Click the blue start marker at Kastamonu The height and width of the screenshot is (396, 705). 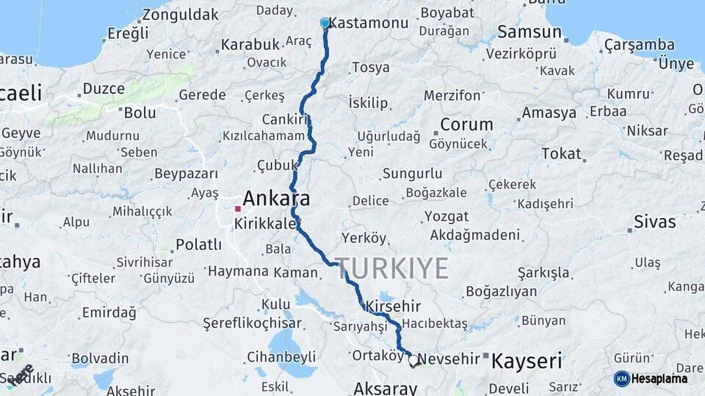pos(325,23)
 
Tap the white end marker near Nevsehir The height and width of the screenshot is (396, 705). pos(413,361)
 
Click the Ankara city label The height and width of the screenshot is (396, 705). pos(276,198)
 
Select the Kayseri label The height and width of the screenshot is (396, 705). pos(527,361)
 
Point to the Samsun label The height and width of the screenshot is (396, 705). pos(529,32)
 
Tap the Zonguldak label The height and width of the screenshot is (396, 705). pos(181,15)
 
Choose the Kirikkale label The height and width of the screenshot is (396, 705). pos(264,222)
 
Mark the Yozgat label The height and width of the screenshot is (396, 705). pos(446,217)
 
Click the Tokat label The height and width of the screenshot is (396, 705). pos(561,154)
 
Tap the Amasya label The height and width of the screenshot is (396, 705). pos(549,113)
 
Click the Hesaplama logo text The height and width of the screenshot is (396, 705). pos(659,379)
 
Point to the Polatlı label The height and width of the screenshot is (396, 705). pos(198,244)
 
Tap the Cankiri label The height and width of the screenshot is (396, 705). pos(283,120)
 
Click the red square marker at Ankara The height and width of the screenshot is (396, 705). pos(238,209)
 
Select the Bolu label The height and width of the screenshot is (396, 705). pos(140,113)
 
